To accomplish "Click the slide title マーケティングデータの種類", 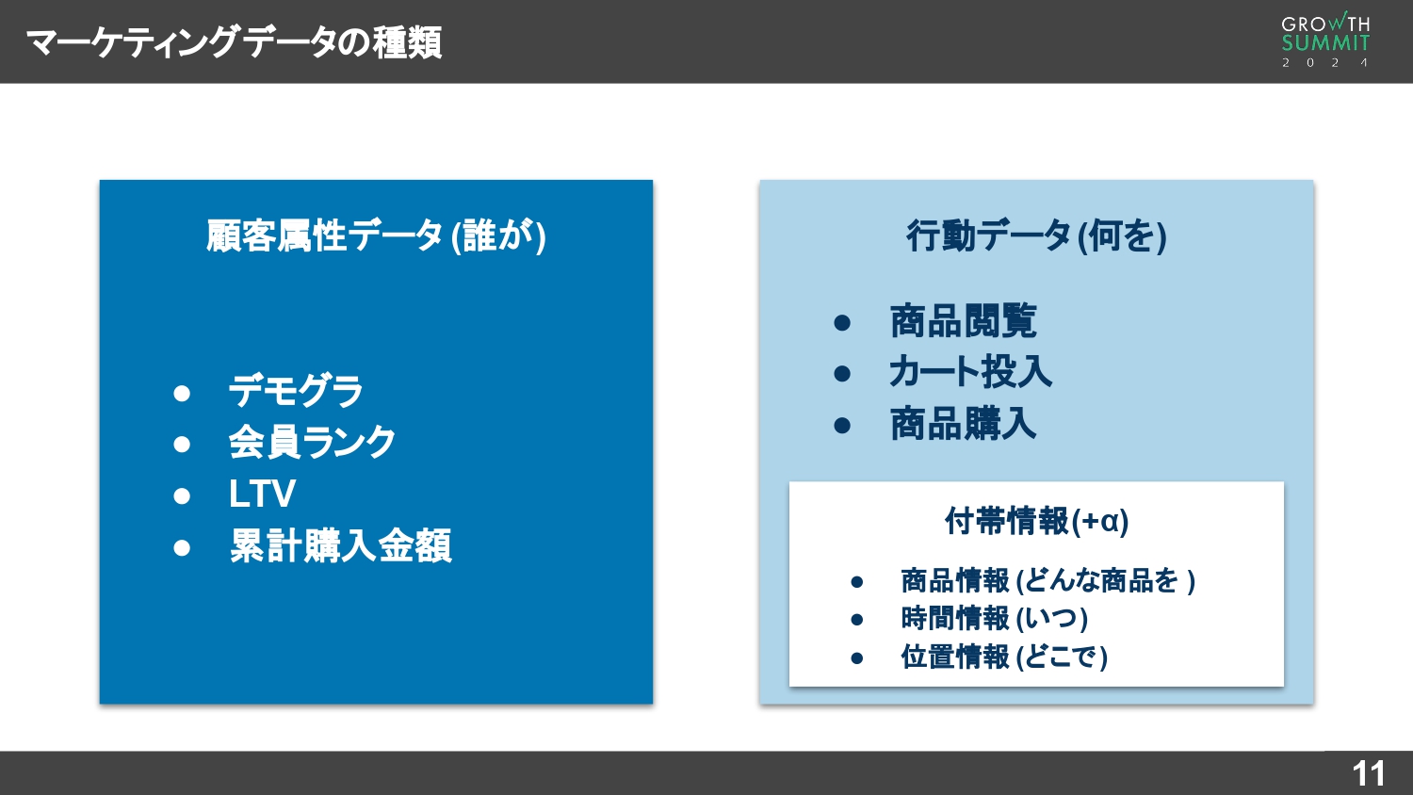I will (x=234, y=42).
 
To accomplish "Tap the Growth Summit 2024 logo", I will (x=1325, y=41).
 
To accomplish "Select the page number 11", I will (x=1368, y=773).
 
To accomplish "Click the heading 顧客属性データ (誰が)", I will (x=376, y=235).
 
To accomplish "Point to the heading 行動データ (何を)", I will (x=1036, y=235).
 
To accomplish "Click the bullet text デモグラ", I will (x=296, y=391).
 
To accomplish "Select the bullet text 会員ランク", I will (x=312, y=443).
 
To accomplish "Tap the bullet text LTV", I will (x=262, y=494).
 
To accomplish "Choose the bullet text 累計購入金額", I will (x=340, y=545).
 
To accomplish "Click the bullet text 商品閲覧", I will (x=963, y=321).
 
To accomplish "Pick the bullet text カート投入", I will (x=970, y=372).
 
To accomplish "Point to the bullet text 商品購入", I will (x=963, y=424).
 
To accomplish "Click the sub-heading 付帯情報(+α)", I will (x=1036, y=521).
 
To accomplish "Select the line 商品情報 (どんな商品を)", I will (x=1048, y=580).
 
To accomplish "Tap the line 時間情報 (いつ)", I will (x=994, y=619).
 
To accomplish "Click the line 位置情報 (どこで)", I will (x=1003, y=657).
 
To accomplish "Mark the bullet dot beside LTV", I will (x=183, y=495).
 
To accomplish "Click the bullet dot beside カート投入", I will (x=842, y=374).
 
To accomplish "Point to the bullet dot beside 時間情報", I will (x=856, y=620).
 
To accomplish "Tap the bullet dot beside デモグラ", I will (x=183, y=393).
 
